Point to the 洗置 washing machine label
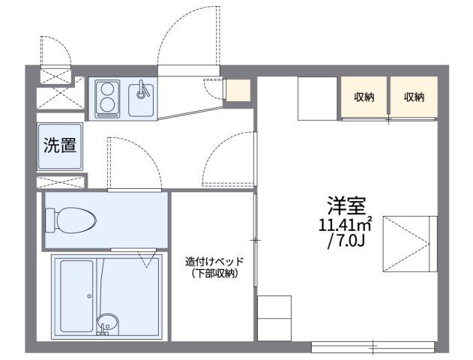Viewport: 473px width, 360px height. (x=59, y=145)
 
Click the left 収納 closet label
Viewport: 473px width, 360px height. (x=365, y=97)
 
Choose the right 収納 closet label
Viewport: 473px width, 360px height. (x=413, y=97)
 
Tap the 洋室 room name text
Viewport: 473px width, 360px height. (x=346, y=204)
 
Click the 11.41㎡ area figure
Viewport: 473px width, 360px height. (x=346, y=224)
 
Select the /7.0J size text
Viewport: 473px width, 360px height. (x=346, y=241)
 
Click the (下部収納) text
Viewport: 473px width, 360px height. (x=214, y=274)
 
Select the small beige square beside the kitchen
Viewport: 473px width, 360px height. (x=238, y=90)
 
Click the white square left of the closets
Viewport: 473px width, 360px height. (x=318, y=97)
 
